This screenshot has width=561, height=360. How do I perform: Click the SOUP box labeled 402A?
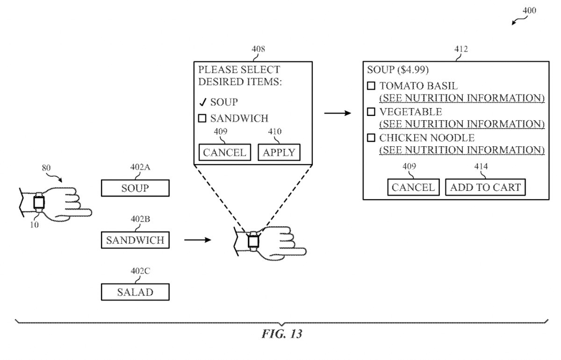pyautogui.click(x=135, y=188)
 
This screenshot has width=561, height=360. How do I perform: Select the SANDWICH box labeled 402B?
pyautogui.click(x=135, y=241)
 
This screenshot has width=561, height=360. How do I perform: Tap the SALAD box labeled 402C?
pyautogui.click(x=135, y=292)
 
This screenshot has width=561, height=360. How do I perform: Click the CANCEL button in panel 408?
pyautogui.click(x=224, y=152)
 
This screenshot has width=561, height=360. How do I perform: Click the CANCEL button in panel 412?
pyautogui.click(x=413, y=187)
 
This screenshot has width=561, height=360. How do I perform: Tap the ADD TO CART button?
pyautogui.click(x=485, y=187)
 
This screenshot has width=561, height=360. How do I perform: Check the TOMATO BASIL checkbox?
pyautogui.click(x=371, y=86)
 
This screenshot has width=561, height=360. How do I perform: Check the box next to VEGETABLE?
pyautogui.click(x=371, y=112)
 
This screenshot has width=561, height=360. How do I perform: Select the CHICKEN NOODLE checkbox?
pyautogui.click(x=371, y=138)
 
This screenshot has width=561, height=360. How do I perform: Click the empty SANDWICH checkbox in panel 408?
pyautogui.click(x=202, y=118)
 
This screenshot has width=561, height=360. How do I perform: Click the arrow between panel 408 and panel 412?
pyautogui.click(x=338, y=114)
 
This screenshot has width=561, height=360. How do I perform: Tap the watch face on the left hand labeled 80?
pyautogui.click(x=39, y=202)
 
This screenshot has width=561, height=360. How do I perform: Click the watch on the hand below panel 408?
pyautogui.click(x=253, y=241)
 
